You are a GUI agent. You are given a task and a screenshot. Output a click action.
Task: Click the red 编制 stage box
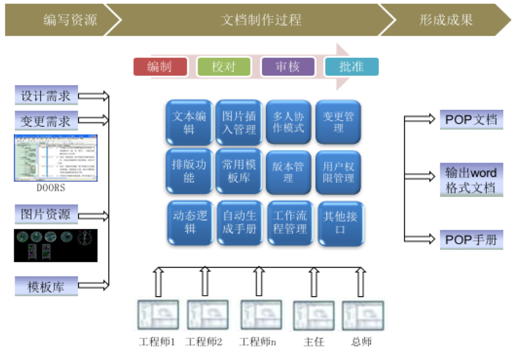[x=160, y=67]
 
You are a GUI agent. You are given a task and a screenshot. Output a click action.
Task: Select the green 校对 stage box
[x=224, y=67]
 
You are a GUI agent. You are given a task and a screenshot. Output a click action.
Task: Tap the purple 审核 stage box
[x=288, y=67]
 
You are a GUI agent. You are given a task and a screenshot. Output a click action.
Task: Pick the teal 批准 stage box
[x=352, y=67]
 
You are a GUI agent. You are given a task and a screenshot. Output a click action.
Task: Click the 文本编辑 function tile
[x=189, y=123]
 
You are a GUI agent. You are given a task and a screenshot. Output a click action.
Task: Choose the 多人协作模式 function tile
[x=288, y=122]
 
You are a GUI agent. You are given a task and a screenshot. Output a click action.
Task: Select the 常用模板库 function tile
[x=239, y=171]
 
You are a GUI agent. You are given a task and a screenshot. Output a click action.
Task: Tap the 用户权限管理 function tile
[x=338, y=172]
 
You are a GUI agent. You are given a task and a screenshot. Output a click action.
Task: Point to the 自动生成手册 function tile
[x=240, y=223]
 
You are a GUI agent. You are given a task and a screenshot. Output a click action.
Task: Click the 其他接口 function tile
[x=341, y=223]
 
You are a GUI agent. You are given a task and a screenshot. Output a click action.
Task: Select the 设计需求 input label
[x=46, y=96]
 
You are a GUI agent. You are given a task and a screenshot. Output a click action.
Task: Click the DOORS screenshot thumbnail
[x=55, y=158]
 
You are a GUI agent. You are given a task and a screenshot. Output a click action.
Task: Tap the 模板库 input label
[x=46, y=286]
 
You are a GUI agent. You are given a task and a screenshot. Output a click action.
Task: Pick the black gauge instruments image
[x=55, y=245]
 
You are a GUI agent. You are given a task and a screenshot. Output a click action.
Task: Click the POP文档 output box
[x=471, y=120]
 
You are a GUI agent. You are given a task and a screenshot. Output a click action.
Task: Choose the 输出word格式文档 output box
[x=471, y=180]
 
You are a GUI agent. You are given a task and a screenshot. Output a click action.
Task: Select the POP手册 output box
[x=471, y=240]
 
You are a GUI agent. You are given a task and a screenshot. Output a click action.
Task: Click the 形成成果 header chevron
[x=446, y=20]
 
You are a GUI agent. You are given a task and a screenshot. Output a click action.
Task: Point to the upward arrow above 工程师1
[x=158, y=282]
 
